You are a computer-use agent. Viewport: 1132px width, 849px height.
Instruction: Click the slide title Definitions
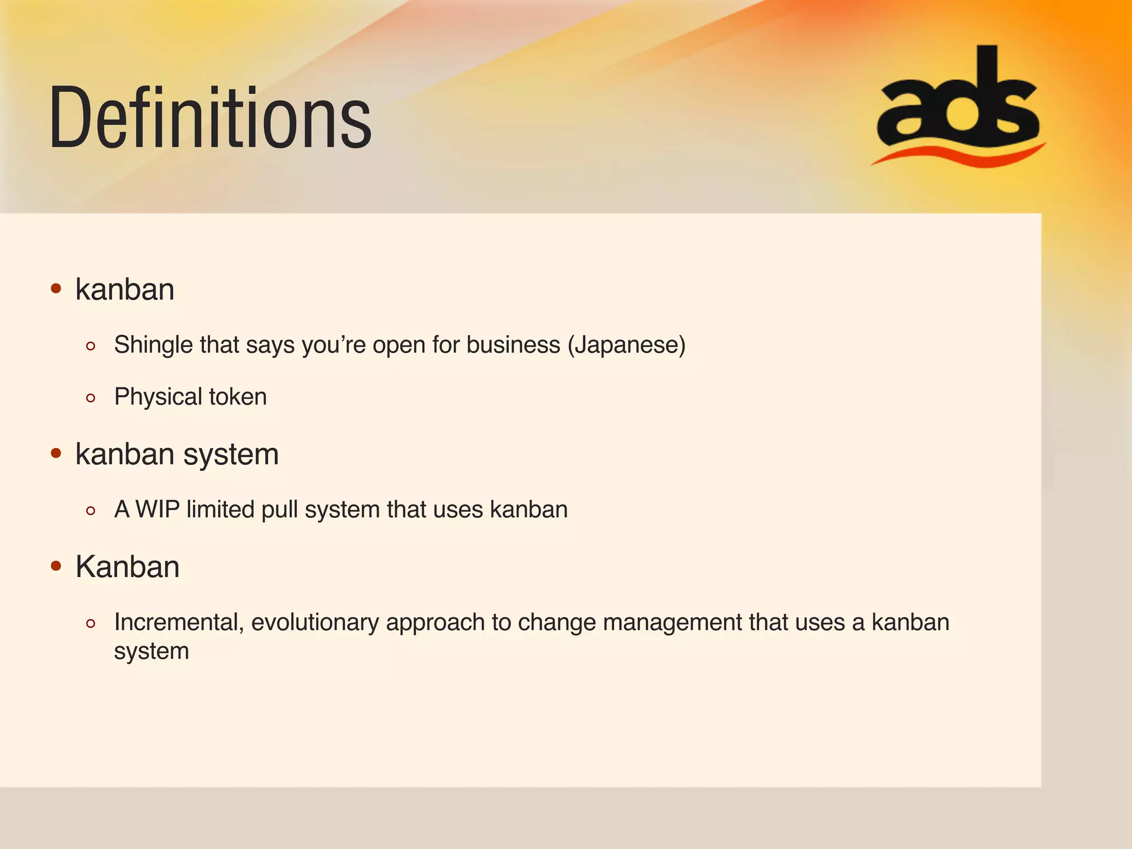point(210,117)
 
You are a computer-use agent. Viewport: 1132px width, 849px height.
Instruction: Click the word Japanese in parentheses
point(627,345)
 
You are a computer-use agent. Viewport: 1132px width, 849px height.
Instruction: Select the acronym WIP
point(158,509)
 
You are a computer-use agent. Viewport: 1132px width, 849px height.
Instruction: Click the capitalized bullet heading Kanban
point(128,567)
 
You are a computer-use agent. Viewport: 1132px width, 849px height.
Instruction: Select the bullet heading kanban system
point(177,454)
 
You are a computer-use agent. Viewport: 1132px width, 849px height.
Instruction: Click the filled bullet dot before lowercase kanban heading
point(56,289)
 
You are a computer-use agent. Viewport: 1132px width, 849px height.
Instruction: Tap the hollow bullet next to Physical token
point(91,398)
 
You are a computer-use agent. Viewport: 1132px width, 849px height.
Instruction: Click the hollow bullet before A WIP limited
point(91,511)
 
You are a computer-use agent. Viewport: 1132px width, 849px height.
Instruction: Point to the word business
point(513,345)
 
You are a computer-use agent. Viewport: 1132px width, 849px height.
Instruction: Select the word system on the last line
point(151,651)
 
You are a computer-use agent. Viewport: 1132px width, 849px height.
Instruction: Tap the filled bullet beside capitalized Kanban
point(56,566)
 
